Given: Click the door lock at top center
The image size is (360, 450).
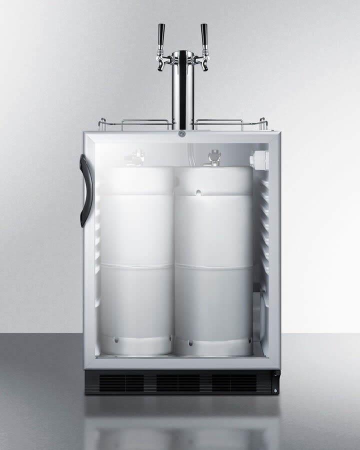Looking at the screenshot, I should tap(182, 133).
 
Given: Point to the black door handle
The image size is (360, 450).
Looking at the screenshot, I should tap(85, 183).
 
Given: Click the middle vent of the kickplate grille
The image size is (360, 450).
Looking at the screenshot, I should tap(178, 382).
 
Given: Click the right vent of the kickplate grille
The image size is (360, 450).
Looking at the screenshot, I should tap(235, 382).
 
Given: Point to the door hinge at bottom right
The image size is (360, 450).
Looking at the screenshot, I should tap(274, 382).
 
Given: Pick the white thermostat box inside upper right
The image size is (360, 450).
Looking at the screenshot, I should tap(259, 159).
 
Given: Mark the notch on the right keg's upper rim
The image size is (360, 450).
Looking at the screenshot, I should tap(198, 192).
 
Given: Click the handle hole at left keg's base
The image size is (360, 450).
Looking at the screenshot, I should tap(116, 339).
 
